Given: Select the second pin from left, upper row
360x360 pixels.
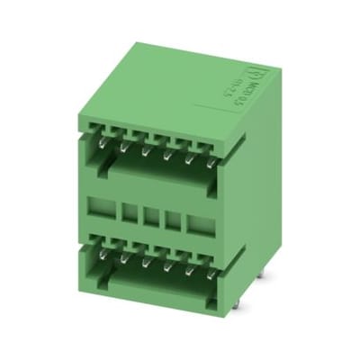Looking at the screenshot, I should coord(124,146).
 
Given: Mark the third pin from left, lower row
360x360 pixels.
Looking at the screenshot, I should coord(145,262).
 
